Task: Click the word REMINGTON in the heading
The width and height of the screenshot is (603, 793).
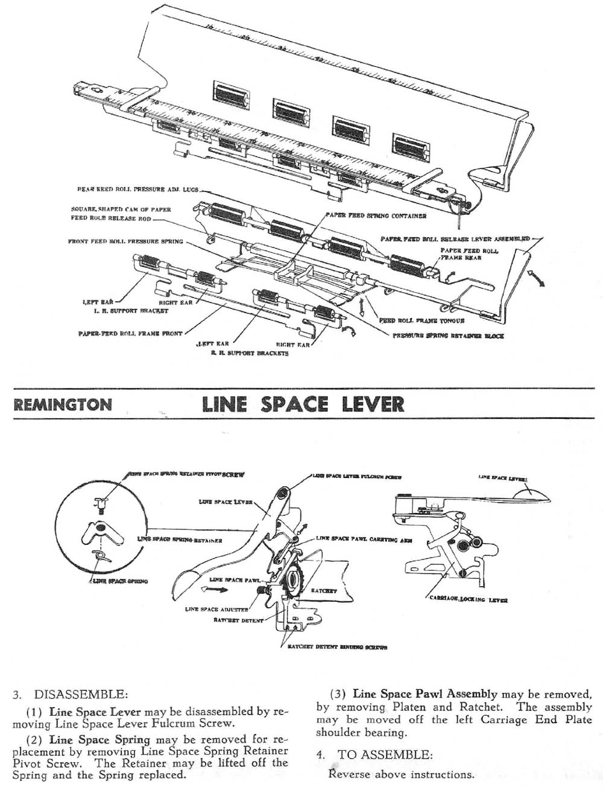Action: click(62, 404)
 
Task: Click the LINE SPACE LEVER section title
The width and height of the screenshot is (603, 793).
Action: click(303, 403)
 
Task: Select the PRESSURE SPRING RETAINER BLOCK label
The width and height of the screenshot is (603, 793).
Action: click(449, 336)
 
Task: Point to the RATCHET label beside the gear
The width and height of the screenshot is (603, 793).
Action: click(324, 591)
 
